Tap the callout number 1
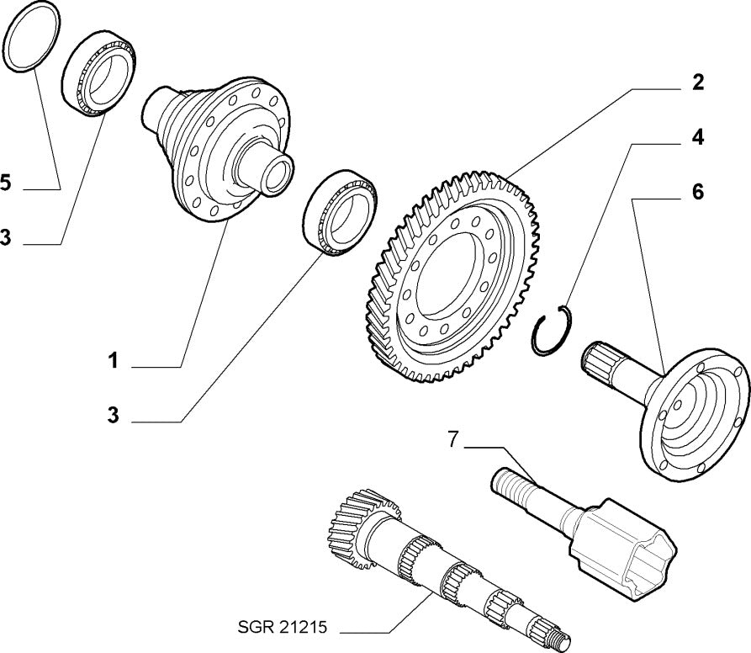click(112, 362)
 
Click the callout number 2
click(698, 82)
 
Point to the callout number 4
click(698, 136)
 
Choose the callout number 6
click(698, 191)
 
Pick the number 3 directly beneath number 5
click(6, 239)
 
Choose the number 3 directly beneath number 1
click(112, 416)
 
